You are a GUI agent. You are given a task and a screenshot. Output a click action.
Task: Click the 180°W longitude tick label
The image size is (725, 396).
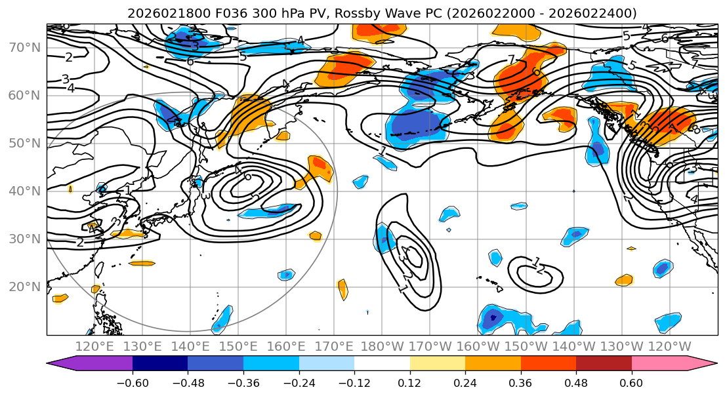(x=382, y=346)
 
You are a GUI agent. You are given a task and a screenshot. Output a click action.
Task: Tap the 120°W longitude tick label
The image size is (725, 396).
(x=669, y=346)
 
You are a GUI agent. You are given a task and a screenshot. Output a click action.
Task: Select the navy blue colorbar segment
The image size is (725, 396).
(x=160, y=364)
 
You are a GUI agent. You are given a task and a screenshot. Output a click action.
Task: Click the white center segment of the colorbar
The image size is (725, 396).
(x=382, y=364)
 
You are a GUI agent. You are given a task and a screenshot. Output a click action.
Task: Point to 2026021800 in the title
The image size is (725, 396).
(x=159, y=13)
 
